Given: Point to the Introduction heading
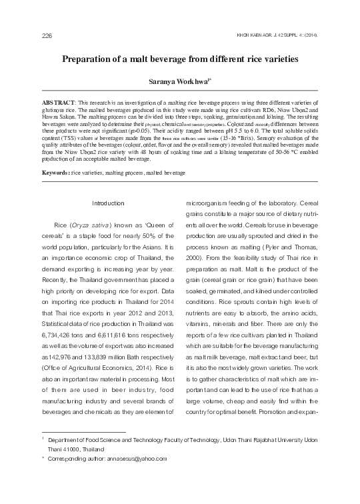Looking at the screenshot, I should [x=107, y=203].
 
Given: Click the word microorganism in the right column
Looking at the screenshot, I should [x=207, y=203].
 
